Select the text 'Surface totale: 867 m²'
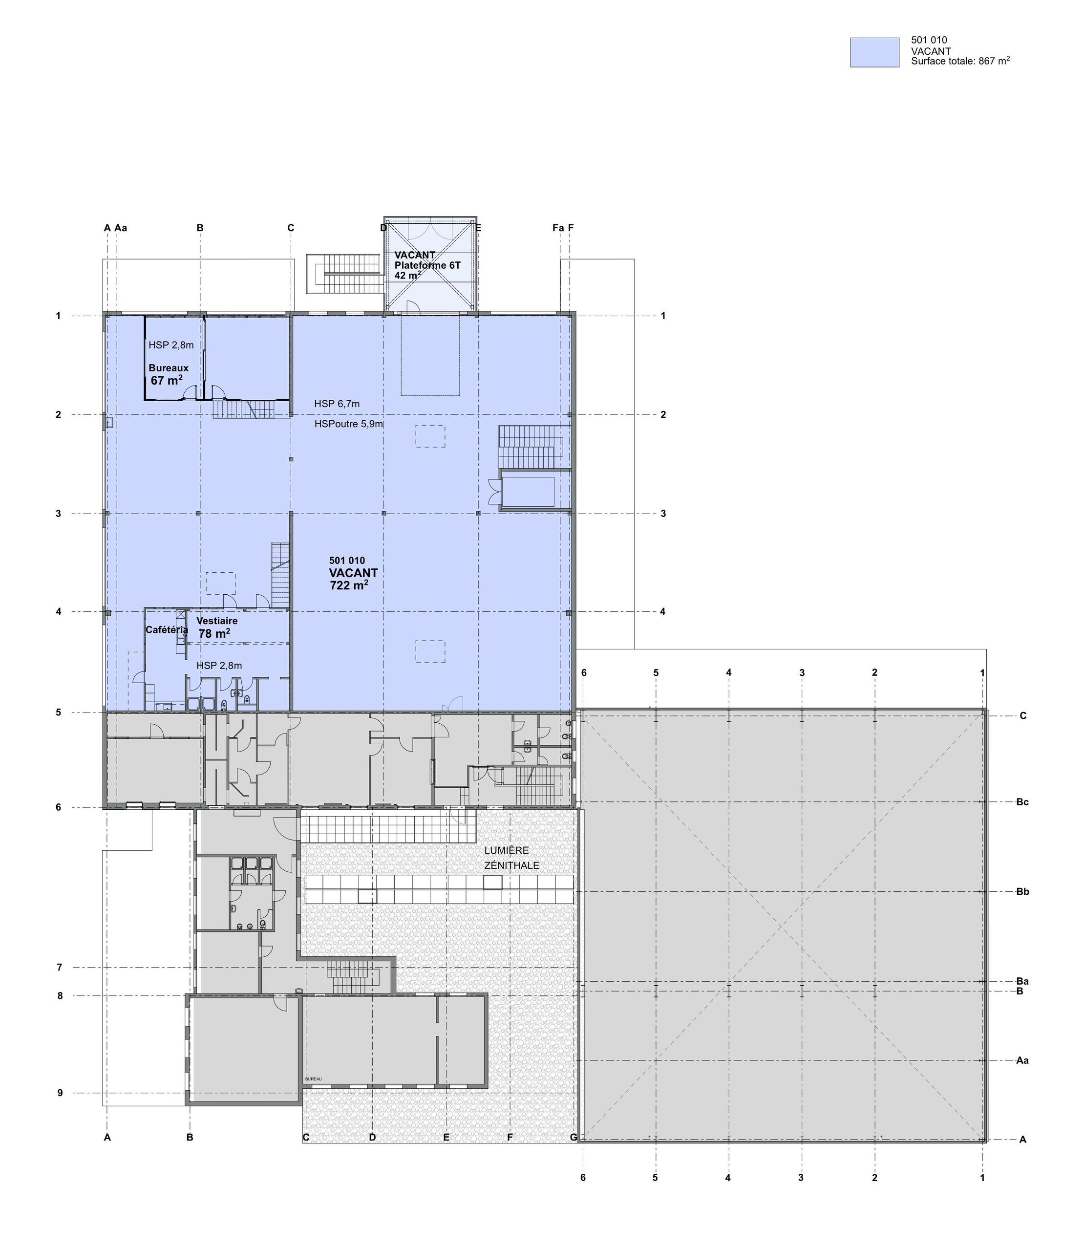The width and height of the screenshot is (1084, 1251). [960, 61]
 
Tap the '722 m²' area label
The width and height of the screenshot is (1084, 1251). [349, 585]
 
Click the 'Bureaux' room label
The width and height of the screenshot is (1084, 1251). [168, 368]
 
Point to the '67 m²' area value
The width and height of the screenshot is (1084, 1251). [167, 381]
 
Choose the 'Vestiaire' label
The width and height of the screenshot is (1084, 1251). [216, 621]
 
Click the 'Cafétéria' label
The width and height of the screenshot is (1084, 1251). [167, 630]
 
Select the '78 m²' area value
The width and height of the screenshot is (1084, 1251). [214, 634]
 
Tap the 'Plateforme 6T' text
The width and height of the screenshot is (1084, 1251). [427, 265]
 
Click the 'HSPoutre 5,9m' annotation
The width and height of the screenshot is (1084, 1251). [348, 424]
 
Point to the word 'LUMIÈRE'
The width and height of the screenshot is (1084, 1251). [506, 850]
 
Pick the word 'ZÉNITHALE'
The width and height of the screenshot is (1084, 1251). [511, 865]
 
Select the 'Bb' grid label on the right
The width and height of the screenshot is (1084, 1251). [1022, 892]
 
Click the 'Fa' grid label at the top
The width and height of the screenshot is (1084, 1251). [558, 228]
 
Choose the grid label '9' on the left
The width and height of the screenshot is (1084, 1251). [60, 1094]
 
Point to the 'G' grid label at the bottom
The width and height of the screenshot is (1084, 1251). [574, 1137]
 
